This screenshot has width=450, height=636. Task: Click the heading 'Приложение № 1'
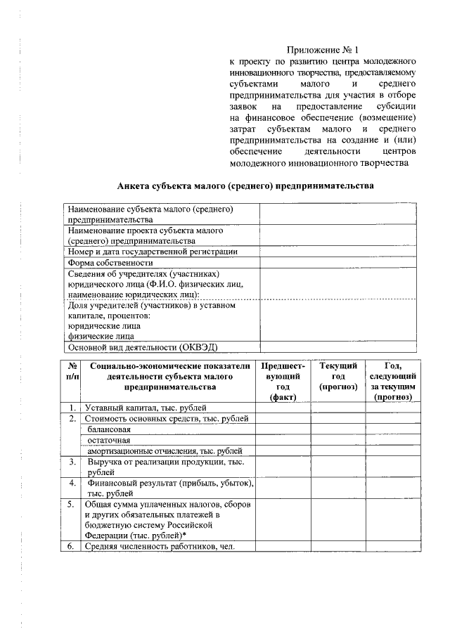pos(323,50)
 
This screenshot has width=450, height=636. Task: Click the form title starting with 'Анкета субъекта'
pos(244,186)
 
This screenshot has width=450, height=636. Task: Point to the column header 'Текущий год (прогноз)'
pos(338,377)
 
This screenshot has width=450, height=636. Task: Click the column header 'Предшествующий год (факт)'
pos(283,382)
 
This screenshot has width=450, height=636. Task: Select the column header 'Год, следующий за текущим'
pos(393,382)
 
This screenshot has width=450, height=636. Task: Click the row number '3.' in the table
pos(72,462)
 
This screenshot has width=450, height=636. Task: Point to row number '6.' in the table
pos(72,547)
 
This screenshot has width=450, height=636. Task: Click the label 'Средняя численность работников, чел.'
pos(159,547)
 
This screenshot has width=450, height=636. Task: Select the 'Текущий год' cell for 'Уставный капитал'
pos(338,408)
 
